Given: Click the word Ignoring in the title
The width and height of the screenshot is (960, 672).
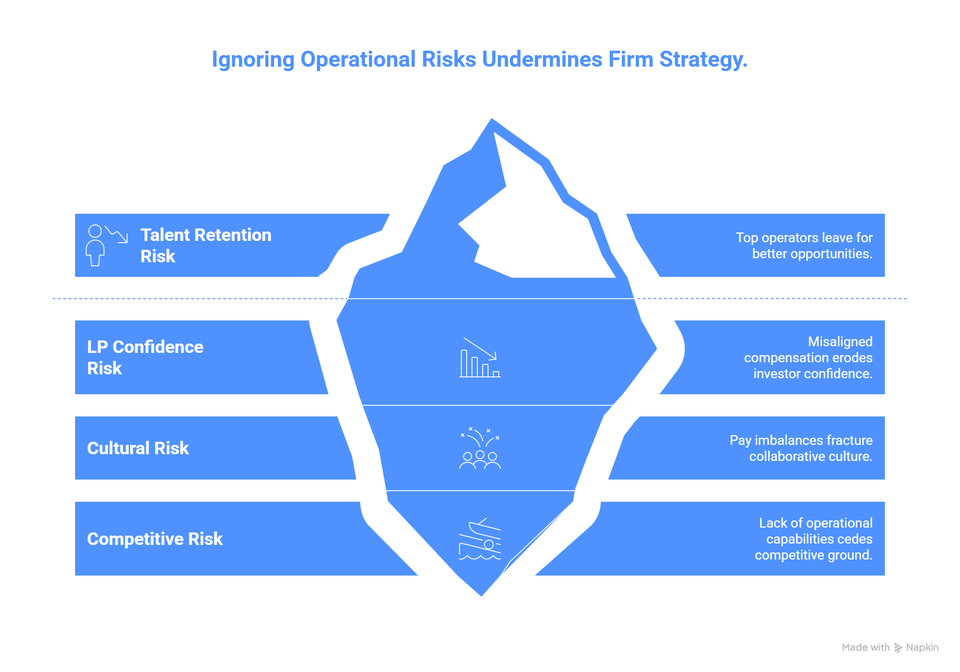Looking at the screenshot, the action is click(253, 60).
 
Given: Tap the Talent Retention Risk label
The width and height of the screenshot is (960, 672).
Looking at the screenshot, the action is click(206, 245).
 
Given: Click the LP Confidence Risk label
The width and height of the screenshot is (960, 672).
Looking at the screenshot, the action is click(145, 357).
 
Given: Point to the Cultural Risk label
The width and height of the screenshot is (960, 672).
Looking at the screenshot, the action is click(138, 448).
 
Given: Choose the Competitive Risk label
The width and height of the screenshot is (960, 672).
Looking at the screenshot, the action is click(155, 539).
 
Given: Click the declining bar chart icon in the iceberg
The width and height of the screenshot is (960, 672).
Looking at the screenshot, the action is click(480, 357).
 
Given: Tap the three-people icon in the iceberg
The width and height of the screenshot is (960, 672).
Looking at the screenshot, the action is click(480, 448).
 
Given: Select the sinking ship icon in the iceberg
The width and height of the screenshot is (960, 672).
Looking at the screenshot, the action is click(480, 539).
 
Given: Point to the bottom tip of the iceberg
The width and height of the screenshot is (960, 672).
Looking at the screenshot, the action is click(481, 596).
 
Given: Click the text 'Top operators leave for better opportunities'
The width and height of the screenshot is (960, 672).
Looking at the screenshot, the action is click(804, 245).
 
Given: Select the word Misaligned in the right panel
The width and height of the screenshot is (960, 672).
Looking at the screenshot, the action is click(840, 341).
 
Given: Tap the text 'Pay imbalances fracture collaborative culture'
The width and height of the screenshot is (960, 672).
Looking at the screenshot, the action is click(801, 448).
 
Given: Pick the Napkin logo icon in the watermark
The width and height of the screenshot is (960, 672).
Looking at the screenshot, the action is click(898, 648).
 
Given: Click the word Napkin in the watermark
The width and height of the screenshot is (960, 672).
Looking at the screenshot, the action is click(922, 648).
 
